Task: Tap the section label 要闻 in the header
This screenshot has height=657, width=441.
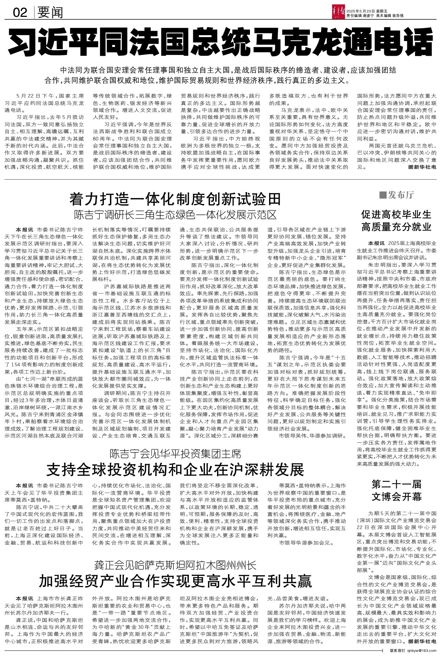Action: pyautogui.click(x=50, y=13)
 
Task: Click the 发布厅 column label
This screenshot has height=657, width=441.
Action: pyautogui.click(x=401, y=195)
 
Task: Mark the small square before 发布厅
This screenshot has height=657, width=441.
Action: pyautogui.click(x=382, y=195)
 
